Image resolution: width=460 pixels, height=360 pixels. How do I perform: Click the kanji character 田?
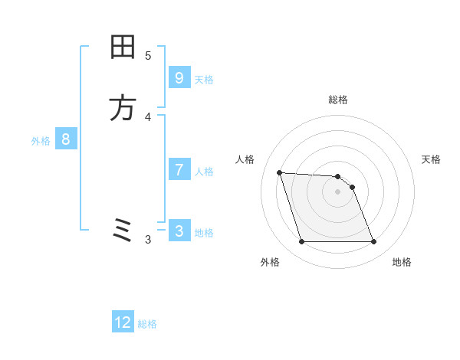(123, 47)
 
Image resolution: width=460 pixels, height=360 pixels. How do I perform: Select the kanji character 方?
(123, 108)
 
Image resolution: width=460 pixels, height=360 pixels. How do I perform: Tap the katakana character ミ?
(123, 230)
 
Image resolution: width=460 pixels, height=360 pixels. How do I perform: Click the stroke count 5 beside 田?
(148, 55)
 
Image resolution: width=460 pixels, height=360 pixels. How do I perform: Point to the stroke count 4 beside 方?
(148, 116)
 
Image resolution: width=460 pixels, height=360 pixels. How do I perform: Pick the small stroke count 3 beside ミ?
(148, 240)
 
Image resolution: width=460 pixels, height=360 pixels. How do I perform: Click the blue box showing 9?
(179, 78)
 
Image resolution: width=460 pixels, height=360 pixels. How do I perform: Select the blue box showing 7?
(179, 170)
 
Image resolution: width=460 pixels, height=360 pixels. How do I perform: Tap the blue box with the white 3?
(179, 231)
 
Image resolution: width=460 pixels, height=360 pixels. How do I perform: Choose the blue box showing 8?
(66, 139)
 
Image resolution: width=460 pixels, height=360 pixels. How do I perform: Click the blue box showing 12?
(123, 322)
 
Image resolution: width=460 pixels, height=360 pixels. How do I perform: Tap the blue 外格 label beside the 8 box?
(41, 141)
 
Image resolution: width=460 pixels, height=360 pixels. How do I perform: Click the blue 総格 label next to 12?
(147, 324)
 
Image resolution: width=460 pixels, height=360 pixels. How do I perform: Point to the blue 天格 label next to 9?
(204, 80)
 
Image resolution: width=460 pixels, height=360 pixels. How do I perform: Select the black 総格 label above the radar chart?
(337, 100)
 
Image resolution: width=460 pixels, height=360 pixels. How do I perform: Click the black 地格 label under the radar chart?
(402, 262)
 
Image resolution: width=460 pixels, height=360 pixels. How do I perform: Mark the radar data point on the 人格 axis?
(280, 172)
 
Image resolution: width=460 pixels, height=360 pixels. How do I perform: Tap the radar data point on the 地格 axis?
(373, 242)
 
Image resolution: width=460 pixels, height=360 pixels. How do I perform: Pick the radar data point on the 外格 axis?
(301, 242)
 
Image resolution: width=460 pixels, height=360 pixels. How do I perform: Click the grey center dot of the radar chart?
(337, 192)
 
